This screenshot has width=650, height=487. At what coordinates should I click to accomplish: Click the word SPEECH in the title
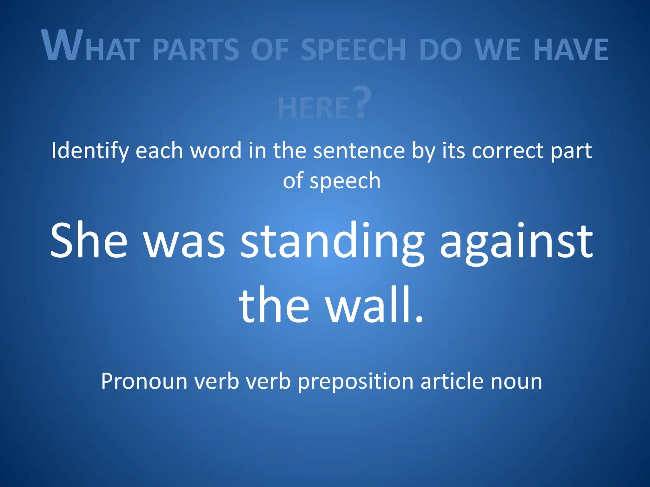(353, 49)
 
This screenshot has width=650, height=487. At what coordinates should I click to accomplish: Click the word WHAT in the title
(91, 46)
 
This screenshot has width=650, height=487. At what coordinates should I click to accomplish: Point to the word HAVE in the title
(571, 49)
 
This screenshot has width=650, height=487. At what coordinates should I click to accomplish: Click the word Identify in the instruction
(90, 151)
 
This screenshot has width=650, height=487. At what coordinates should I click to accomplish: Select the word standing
(332, 243)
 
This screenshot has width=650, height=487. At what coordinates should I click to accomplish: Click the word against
(516, 243)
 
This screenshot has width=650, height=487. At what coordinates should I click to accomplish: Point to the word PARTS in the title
(196, 49)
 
